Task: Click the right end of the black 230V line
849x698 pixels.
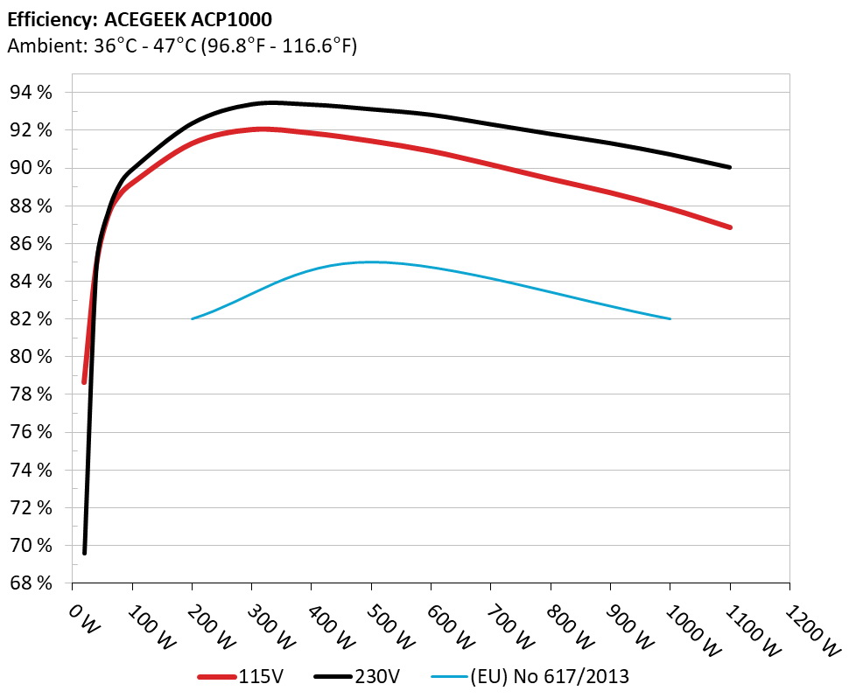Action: pos(729,167)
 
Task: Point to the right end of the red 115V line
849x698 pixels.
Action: pos(729,227)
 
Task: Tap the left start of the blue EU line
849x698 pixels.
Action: pos(193,318)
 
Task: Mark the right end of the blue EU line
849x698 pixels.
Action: pos(670,318)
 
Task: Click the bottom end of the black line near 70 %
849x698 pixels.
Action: pos(85,552)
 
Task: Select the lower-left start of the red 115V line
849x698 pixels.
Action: pos(85,381)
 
